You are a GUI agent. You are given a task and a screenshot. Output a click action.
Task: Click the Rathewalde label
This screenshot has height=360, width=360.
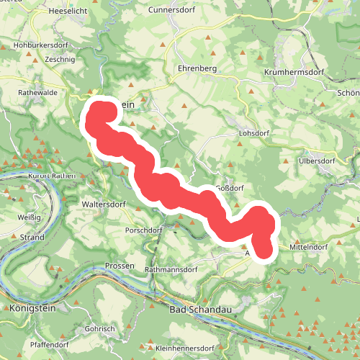(37, 93)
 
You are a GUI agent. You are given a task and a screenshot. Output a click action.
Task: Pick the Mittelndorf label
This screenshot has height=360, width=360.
(308, 247)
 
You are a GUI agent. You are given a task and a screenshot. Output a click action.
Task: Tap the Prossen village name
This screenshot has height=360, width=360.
(120, 266)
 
